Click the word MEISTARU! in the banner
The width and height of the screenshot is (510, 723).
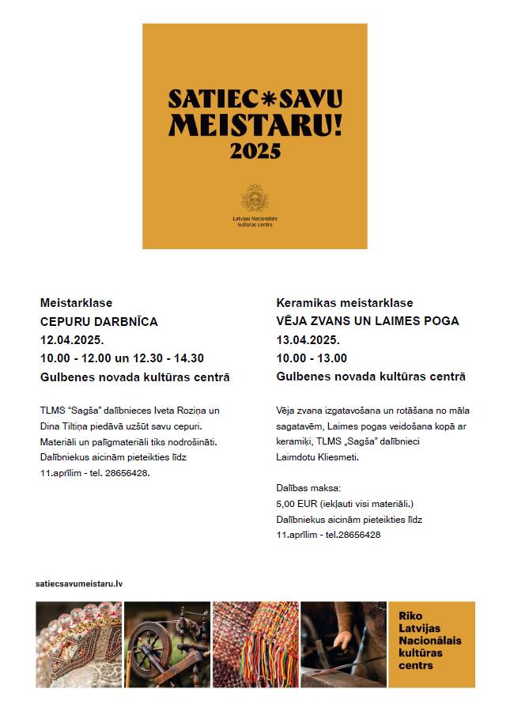click(255, 123)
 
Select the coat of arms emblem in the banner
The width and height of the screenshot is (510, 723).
click(255, 198)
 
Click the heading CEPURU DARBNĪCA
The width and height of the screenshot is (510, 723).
click(99, 321)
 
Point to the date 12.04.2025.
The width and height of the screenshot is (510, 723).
click(72, 340)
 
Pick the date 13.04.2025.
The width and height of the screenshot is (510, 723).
click(308, 340)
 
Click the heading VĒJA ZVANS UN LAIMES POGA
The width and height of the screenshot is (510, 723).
click(368, 321)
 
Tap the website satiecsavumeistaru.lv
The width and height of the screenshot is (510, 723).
click(79, 583)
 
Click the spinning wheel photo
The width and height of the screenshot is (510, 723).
click(167, 644)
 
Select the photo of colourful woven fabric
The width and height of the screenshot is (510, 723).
click(255, 644)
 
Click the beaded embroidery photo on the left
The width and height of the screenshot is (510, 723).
click(78, 644)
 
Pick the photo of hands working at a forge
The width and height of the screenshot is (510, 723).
click(343, 644)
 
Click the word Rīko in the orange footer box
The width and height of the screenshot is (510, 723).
click(410, 615)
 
